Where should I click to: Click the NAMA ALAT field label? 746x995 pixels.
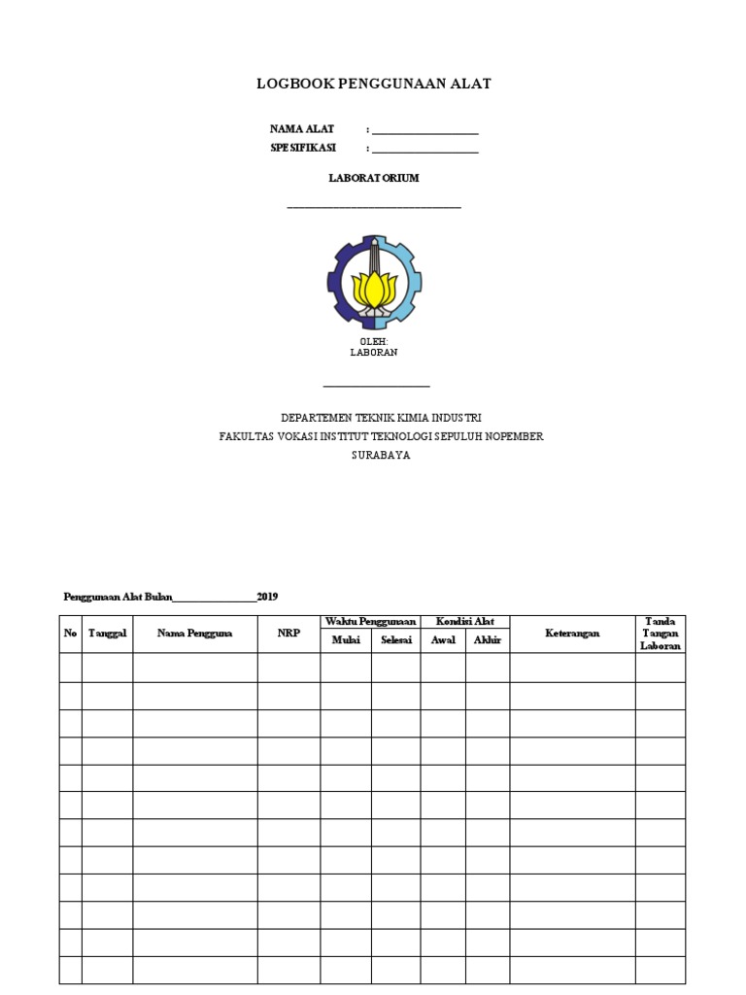pos(302,129)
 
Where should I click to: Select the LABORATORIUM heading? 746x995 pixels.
pos(374,179)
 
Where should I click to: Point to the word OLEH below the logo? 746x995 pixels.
pos(374,342)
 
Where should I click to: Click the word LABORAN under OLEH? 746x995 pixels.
pos(374,353)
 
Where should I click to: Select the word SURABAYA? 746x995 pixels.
pos(381,456)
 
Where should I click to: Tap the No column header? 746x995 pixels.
pos(70,634)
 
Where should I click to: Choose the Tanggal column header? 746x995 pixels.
pos(108,634)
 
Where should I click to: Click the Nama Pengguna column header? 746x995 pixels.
pos(195,634)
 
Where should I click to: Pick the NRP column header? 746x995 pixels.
pos(288,634)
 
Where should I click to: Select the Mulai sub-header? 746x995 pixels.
pos(346,640)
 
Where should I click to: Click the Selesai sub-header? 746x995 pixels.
pos(396,640)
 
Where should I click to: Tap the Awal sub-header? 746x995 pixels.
pos(443,640)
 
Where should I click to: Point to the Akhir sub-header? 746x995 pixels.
pos(488,640)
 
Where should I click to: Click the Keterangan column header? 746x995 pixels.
pos(572,634)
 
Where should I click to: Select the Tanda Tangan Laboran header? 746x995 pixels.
pos(661,634)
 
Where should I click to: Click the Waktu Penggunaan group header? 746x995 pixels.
pos(370,621)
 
